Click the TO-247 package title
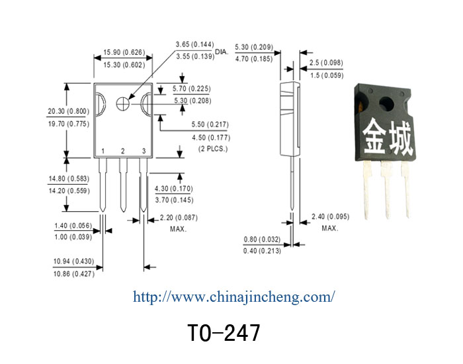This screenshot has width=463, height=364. [224, 332]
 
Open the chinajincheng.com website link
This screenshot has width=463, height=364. [234, 297]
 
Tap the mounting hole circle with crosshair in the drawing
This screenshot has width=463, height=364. [122, 104]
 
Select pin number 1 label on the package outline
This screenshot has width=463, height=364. [103, 152]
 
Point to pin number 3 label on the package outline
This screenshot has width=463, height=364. [144, 152]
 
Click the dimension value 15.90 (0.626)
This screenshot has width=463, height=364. [124, 52]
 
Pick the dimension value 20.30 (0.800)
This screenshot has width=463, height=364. [69, 111]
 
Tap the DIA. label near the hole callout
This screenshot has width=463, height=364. [222, 52]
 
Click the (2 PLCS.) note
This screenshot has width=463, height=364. [213, 149]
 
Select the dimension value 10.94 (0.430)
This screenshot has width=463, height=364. [74, 261]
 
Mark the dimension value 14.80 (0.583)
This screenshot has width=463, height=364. [69, 179]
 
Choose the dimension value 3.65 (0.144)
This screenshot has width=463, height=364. [195, 44]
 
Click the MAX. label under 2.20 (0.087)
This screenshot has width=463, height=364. [179, 229]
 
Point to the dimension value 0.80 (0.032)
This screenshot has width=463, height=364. [262, 240]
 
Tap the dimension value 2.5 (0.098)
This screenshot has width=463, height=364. [326, 63]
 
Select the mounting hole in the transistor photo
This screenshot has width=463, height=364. [387, 104]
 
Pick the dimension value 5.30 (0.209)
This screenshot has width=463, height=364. [254, 47]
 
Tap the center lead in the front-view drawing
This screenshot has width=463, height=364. [123, 185]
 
